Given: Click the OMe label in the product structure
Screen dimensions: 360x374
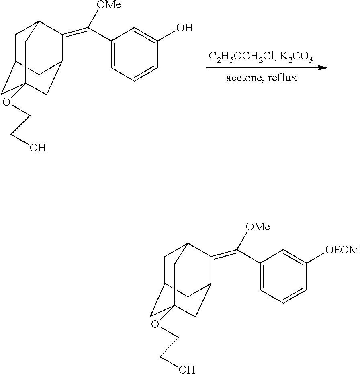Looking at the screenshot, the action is (257, 227).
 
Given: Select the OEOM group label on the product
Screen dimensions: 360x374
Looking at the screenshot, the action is (342, 250).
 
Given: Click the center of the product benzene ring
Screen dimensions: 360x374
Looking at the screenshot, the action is (283, 276).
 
